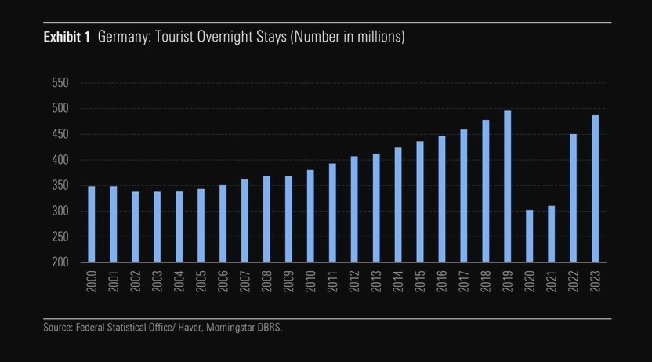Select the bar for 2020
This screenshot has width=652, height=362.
coord(529,236)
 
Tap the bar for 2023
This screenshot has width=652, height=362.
coord(595,189)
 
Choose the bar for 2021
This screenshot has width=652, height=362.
coord(551,233)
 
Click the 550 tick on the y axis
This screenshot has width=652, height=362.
coord(60,83)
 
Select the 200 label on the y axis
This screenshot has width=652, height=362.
coord(60,262)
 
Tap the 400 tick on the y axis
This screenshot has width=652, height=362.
coord(60,160)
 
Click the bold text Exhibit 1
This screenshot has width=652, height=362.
coord(67,38)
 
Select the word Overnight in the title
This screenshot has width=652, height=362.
coord(219,38)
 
